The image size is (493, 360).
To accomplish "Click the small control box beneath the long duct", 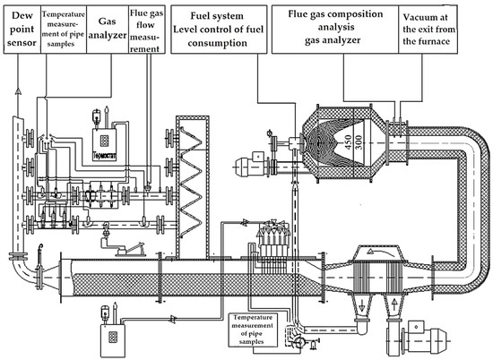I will [x=111, y=333].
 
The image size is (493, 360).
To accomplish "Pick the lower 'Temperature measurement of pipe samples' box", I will [x=255, y=328].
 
